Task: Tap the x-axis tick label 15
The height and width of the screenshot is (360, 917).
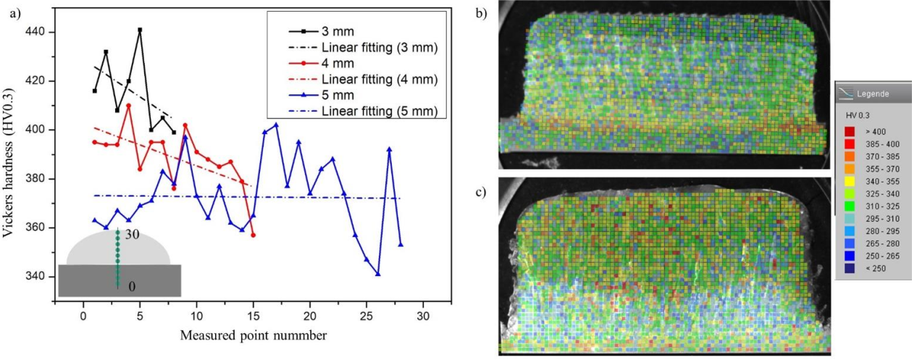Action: click(x=253, y=317)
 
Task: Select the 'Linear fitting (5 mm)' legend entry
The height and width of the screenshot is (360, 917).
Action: click(x=378, y=112)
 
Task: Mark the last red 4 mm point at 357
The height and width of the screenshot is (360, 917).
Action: click(x=254, y=235)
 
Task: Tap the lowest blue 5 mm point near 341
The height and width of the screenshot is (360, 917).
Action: click(x=378, y=274)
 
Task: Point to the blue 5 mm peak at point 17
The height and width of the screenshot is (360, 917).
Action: click(x=276, y=125)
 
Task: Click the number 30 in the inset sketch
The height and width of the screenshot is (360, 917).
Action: click(x=131, y=235)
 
